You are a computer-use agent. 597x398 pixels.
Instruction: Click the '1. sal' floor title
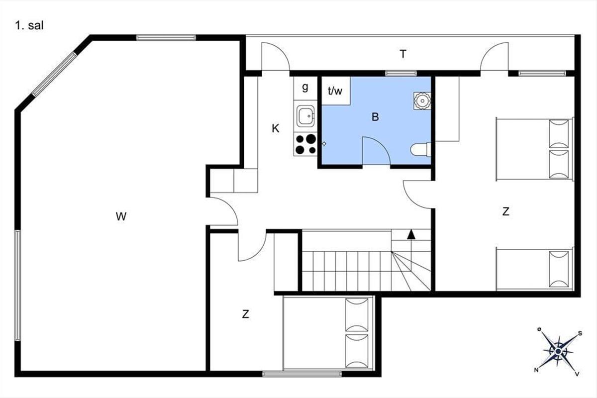29,26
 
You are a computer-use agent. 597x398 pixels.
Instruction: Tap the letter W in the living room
121,216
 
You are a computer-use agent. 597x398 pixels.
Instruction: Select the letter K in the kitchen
275,128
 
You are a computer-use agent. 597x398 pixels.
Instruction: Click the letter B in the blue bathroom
375,117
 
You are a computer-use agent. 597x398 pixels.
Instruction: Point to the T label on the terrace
403,54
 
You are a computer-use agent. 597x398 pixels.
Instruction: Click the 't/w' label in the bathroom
335,91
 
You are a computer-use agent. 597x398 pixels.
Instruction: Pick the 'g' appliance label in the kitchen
305,87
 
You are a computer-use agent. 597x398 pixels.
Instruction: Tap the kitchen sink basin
305,116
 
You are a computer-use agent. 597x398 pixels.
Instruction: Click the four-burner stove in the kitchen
305,144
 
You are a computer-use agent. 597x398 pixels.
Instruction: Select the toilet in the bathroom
420,150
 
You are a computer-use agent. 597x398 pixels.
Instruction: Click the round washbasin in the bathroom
422,101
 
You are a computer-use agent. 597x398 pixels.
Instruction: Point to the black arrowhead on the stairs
411,234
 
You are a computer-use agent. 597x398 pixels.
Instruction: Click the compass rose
558,351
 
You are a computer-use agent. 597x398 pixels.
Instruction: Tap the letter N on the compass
536,370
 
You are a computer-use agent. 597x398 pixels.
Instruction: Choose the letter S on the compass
580,333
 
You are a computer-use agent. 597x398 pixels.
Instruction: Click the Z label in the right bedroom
505,211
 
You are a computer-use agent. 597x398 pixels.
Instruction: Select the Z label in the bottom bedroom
245,314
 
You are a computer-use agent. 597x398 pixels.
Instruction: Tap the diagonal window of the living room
54,74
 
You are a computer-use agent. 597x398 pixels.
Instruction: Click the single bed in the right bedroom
535,269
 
